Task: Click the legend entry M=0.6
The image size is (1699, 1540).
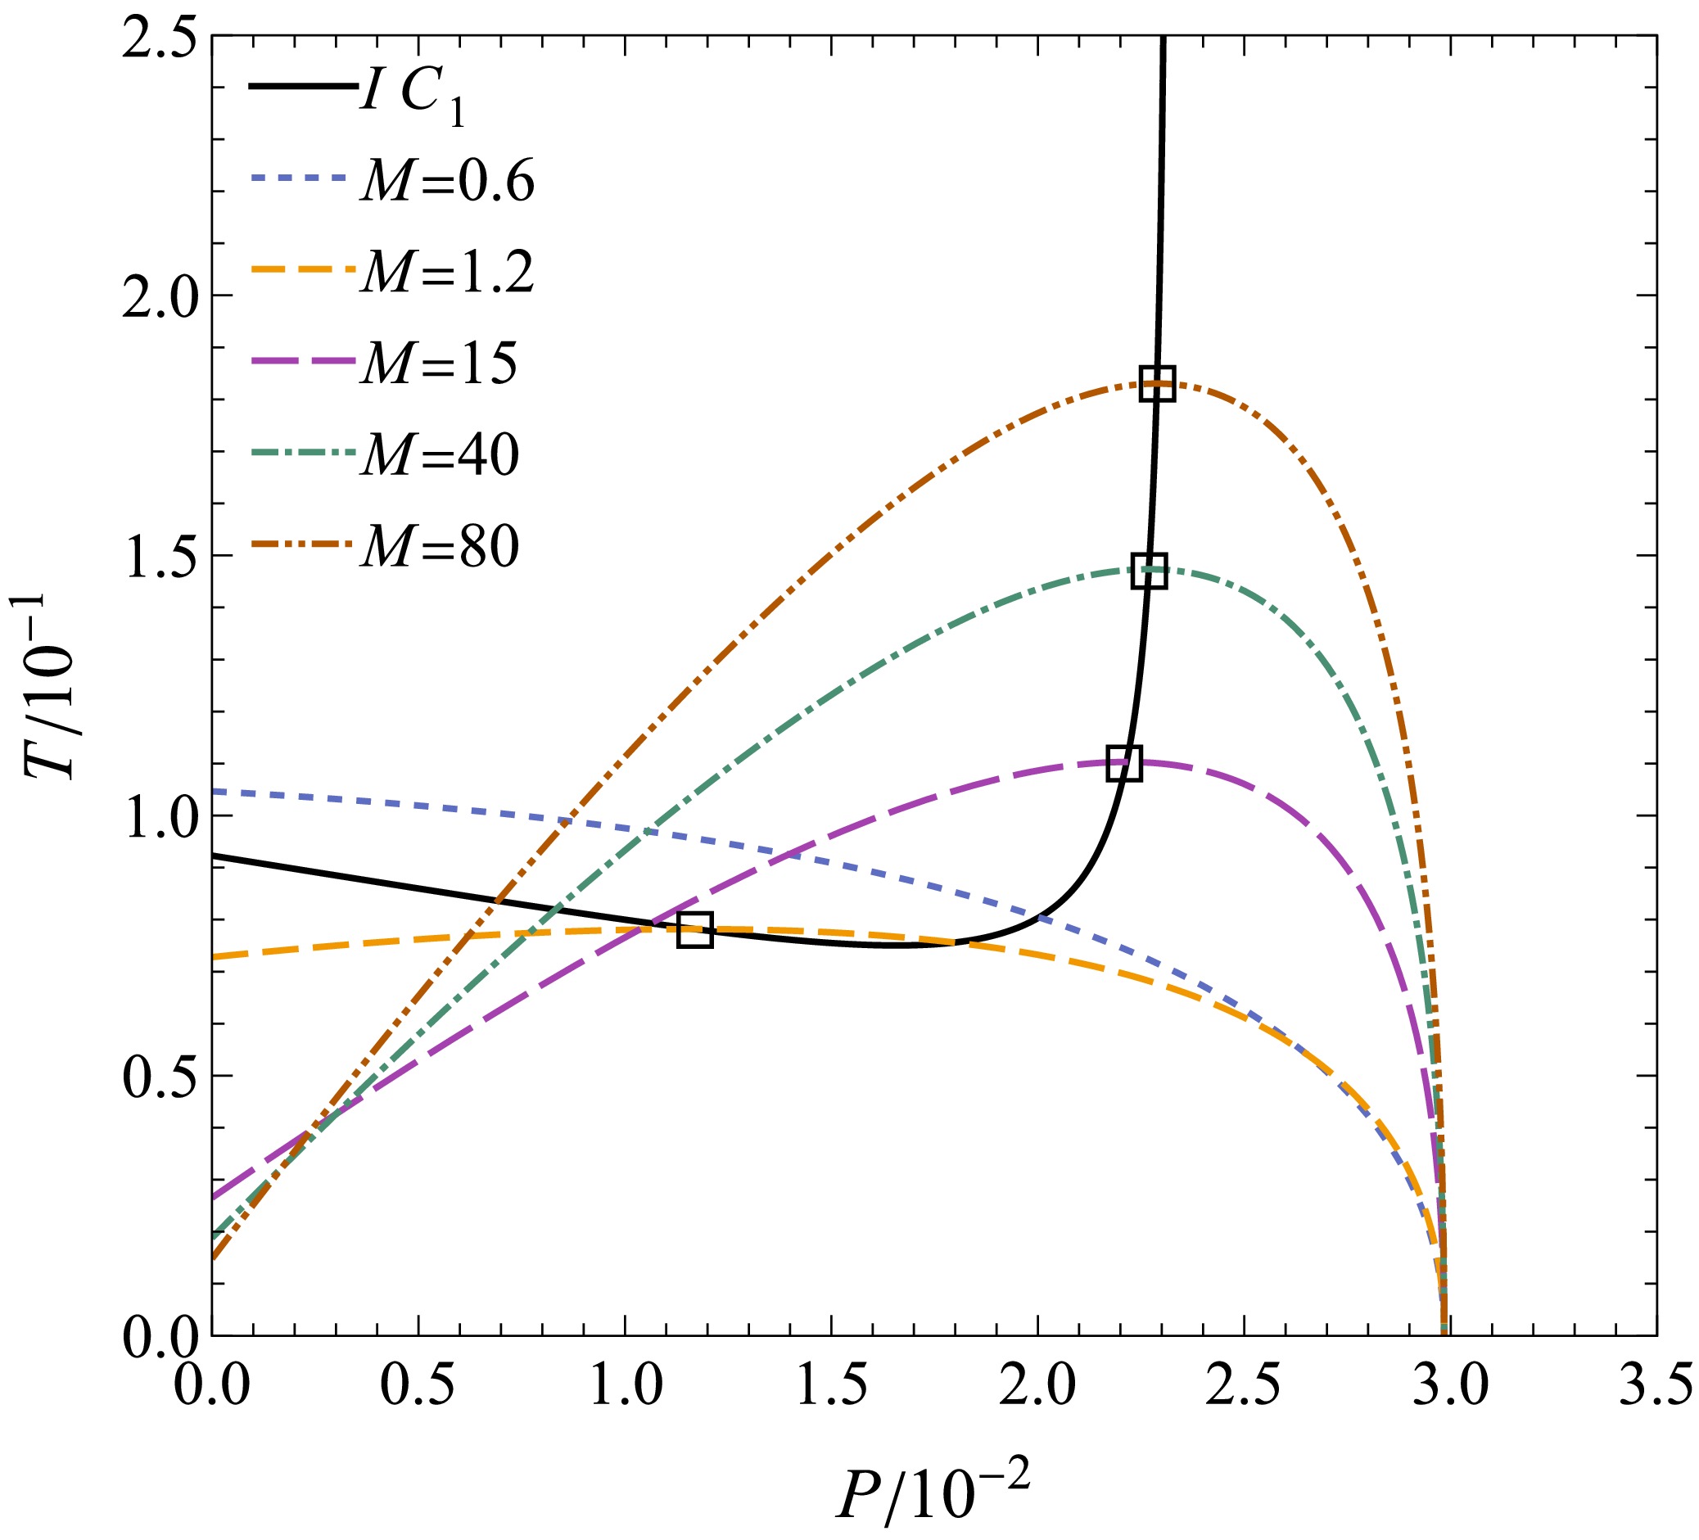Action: tap(448, 180)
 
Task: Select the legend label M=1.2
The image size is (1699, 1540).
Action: tap(448, 272)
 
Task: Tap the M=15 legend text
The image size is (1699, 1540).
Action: tap(439, 364)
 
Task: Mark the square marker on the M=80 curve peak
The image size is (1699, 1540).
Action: tap(1157, 384)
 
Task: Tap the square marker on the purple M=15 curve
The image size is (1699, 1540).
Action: tap(1124, 763)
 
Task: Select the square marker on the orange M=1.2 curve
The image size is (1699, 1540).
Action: tap(695, 930)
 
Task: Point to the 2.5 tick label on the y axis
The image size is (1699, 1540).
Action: tap(160, 37)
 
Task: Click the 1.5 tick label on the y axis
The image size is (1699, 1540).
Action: tap(160, 557)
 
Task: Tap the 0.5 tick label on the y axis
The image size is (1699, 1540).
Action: tap(160, 1076)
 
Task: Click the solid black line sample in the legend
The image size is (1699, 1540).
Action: tap(301, 86)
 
